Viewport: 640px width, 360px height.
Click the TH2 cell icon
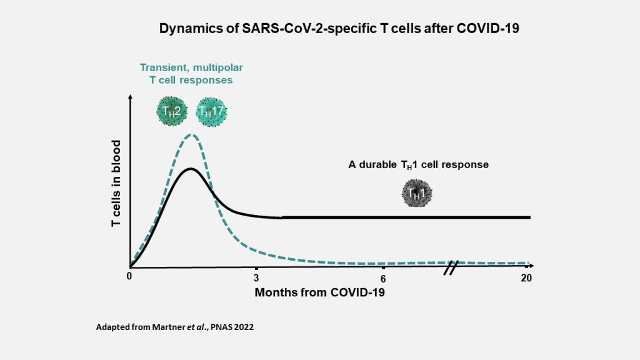coord(172,111)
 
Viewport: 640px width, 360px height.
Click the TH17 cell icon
coord(211,112)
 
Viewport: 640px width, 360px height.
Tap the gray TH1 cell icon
coord(417,194)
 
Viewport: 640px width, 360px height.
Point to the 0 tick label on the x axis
coord(129,276)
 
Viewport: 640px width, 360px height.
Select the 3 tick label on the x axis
coord(256,278)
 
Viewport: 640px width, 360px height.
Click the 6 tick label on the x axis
coord(383,279)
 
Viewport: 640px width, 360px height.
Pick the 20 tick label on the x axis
coord(526,278)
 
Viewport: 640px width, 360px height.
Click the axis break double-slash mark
coord(451,267)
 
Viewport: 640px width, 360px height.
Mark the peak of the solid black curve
coord(190,169)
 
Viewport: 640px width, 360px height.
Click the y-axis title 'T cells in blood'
coord(116,183)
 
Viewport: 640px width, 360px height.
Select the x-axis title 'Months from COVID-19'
coord(319,292)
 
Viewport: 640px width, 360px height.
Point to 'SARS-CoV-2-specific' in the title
coord(309,29)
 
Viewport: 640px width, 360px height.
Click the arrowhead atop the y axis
coord(130,97)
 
